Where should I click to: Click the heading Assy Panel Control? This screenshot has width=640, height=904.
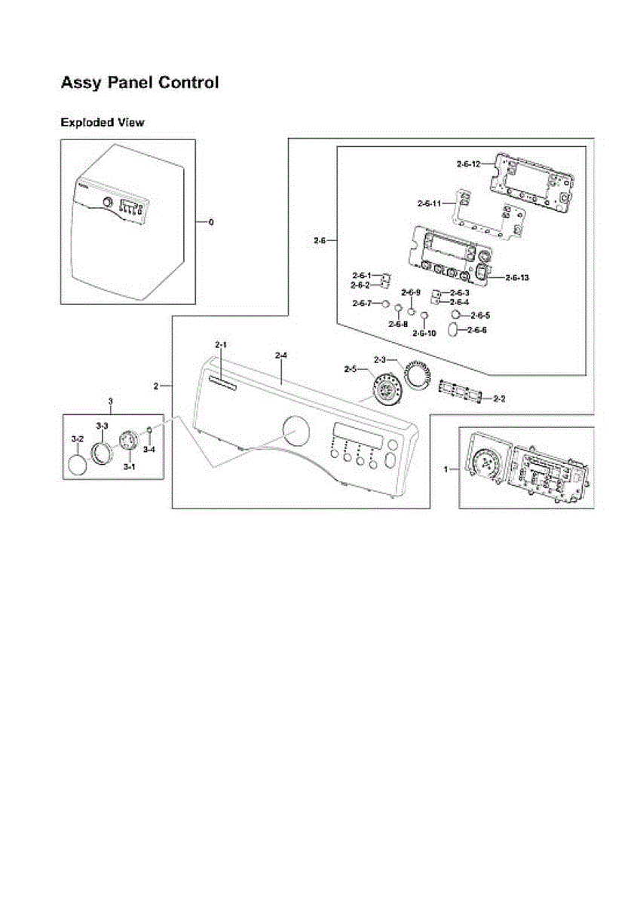[x=139, y=83]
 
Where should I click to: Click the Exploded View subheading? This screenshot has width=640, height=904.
[x=102, y=123]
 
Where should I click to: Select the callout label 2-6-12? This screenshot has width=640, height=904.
[x=468, y=163]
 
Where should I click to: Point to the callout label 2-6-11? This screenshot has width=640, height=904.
[x=429, y=203]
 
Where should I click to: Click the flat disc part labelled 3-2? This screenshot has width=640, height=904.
[x=78, y=464]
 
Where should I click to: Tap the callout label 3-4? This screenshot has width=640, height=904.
[x=149, y=450]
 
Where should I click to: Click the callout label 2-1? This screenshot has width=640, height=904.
[x=221, y=345]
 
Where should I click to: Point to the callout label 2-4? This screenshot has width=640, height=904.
[x=281, y=355]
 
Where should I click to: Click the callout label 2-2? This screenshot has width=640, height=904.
[x=499, y=398]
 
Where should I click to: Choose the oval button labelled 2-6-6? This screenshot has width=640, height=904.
[x=452, y=330]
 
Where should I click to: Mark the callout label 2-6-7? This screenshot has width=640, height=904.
[x=362, y=303]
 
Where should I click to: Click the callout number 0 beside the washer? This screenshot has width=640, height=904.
[x=210, y=222]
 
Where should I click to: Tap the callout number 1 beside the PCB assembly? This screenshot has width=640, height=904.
[x=446, y=469]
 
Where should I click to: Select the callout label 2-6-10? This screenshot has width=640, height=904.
[x=424, y=333]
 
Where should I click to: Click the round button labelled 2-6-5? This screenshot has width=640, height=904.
[x=456, y=314]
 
